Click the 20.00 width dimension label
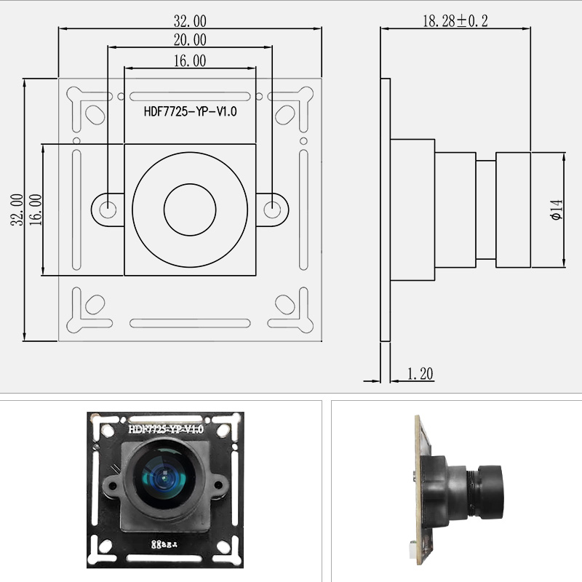pos(189,40)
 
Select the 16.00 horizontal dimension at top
pos(189,62)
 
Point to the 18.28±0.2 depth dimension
pos(455,21)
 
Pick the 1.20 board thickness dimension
pos(420,374)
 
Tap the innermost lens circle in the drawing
pos(191,210)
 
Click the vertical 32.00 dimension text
pos(16,209)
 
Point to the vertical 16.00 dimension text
pos(35,209)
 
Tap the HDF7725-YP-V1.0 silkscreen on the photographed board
pos(166,429)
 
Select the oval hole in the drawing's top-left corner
pos(95,113)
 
